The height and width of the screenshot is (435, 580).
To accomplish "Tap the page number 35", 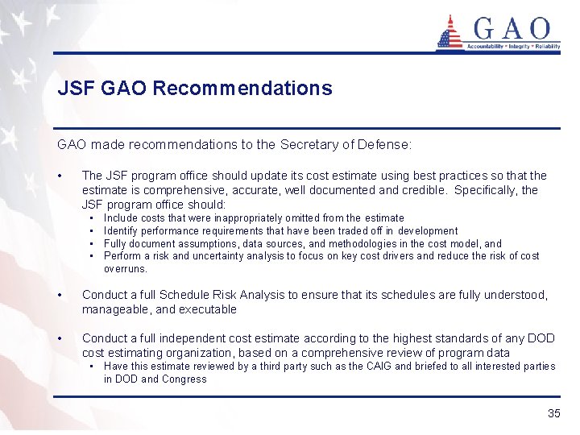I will [x=553, y=413].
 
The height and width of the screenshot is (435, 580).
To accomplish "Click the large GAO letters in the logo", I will [x=512, y=30].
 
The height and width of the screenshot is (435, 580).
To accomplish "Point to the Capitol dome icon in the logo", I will [x=449, y=32].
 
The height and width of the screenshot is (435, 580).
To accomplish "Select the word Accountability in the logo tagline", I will [x=486, y=47].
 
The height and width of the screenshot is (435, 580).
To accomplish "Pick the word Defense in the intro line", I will [x=384, y=145].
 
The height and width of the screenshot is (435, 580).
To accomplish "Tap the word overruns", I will [x=125, y=268].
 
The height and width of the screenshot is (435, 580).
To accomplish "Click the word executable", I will [x=209, y=309].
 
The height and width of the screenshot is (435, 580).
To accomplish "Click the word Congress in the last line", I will [x=184, y=379].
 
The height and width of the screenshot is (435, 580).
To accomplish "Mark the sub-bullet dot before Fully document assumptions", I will [x=93, y=243].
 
